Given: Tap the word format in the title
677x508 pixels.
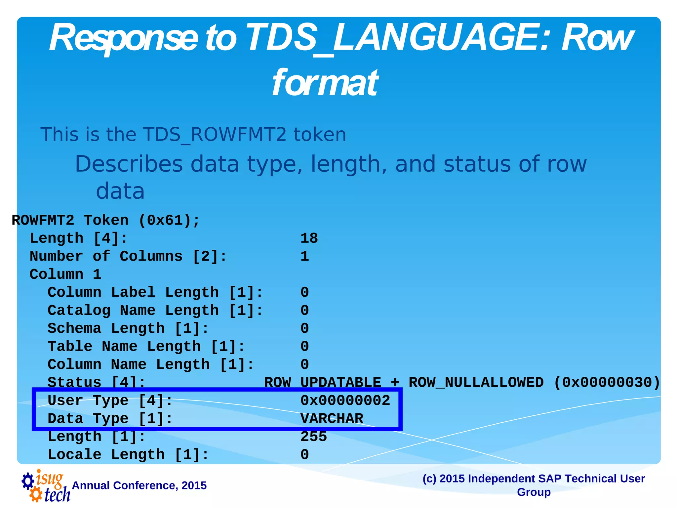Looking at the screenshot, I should (x=325, y=83).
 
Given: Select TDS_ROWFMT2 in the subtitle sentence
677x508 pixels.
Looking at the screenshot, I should (x=214, y=135).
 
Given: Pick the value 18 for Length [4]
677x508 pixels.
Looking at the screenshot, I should (x=309, y=238).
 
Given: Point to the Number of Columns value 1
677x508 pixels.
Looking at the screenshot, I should (x=304, y=257).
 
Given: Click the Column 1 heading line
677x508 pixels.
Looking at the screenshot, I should (x=65, y=275).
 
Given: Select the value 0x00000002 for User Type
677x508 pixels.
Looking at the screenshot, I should (x=345, y=401).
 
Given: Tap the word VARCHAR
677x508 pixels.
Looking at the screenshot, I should (x=332, y=419).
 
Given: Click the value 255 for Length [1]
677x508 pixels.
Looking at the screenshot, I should (x=313, y=437).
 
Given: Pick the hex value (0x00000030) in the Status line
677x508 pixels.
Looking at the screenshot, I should (x=607, y=383).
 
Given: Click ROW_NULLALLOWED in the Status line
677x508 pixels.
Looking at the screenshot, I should (x=476, y=383).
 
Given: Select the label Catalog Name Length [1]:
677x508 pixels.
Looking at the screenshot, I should (x=155, y=311).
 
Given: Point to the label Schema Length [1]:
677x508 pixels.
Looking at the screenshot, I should (x=128, y=328).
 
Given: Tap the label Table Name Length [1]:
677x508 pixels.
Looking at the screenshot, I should (x=146, y=347).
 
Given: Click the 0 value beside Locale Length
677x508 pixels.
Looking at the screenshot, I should (x=304, y=455).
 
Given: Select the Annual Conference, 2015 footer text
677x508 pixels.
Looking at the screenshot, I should (x=139, y=486).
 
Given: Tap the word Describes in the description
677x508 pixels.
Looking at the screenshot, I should (x=129, y=164).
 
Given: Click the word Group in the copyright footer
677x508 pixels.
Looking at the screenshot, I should (x=534, y=492).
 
